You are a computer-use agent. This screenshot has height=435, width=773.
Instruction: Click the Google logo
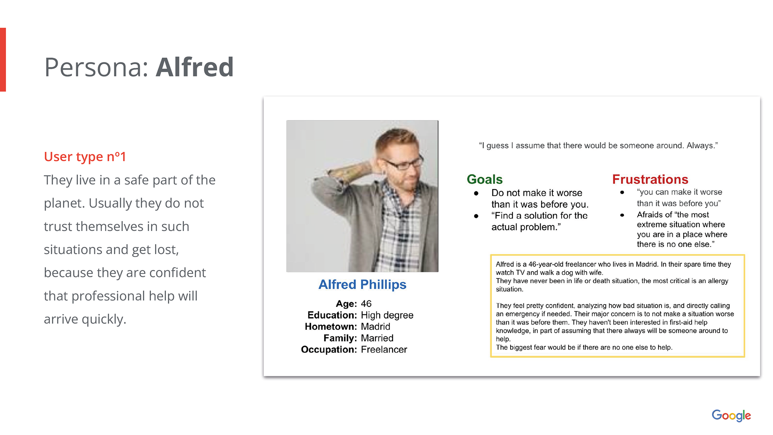(731, 415)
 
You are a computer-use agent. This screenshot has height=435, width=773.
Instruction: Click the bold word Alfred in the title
(195, 67)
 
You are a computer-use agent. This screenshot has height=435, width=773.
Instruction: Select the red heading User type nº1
(85, 156)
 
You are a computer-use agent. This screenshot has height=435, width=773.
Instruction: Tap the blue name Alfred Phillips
(362, 284)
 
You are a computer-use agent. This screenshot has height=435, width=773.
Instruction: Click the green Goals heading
(485, 179)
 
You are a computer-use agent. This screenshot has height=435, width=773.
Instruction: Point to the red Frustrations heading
(650, 179)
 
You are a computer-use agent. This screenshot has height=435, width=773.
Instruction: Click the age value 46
(366, 304)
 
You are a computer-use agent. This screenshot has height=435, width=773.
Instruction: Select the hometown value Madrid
(376, 327)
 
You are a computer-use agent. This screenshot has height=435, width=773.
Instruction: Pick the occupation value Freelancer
(384, 350)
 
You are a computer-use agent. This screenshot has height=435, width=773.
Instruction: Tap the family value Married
(377, 338)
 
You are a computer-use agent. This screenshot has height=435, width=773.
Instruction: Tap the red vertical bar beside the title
(3, 60)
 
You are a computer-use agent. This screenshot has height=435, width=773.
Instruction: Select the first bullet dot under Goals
(476, 193)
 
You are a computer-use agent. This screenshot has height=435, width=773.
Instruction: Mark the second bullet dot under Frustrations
(622, 215)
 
